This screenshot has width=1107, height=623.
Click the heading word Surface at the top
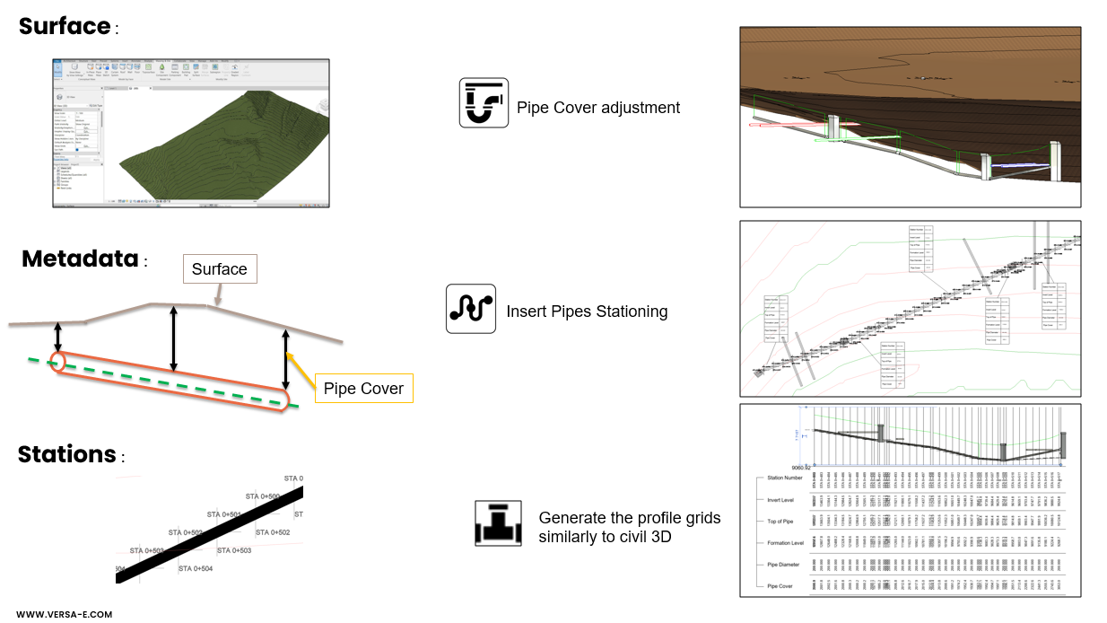pyautogui.click(x=65, y=26)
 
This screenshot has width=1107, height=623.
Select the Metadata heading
pyautogui.click(x=80, y=259)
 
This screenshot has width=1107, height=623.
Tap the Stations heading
pyautogui.click(x=66, y=454)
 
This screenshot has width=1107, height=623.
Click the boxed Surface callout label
pyautogui.click(x=220, y=268)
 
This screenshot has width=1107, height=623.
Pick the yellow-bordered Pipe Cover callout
pyautogui.click(x=363, y=389)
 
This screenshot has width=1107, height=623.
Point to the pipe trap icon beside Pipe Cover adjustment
pyautogui.click(x=484, y=102)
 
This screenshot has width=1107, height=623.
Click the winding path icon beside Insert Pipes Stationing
pyautogui.click(x=471, y=309)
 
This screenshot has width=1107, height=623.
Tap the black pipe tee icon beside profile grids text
pyautogui.click(x=498, y=523)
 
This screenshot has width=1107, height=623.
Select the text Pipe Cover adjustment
pyautogui.click(x=598, y=108)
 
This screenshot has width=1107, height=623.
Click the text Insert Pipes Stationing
pyautogui.click(x=587, y=311)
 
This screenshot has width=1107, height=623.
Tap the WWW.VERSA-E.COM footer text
pyautogui.click(x=64, y=614)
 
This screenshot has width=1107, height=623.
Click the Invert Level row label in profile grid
pyautogui.click(x=780, y=500)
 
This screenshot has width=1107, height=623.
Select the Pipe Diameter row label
pyautogui.click(x=782, y=565)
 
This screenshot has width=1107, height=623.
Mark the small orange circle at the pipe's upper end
pyautogui.click(x=57, y=361)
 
